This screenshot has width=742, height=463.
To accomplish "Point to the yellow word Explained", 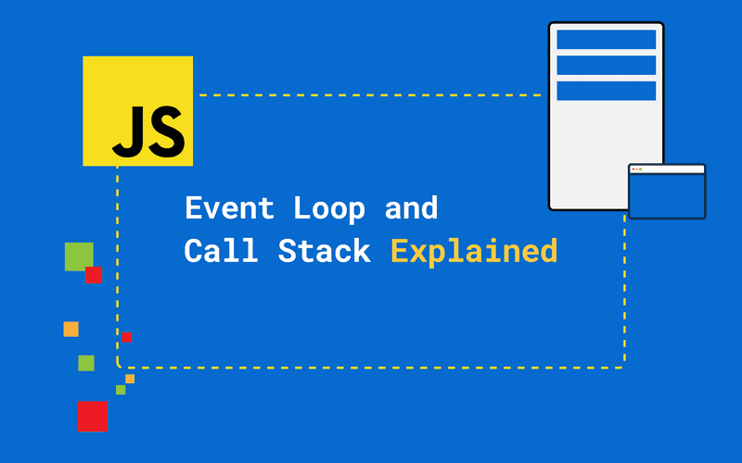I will click(x=473, y=252).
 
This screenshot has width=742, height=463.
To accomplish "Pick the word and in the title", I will click(x=411, y=208).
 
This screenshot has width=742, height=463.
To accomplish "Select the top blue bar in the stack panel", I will click(x=606, y=40).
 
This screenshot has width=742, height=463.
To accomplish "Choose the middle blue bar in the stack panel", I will click(x=606, y=65).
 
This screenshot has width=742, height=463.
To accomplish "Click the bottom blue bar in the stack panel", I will click(x=606, y=91).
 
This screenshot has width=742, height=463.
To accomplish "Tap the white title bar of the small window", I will click(x=667, y=169).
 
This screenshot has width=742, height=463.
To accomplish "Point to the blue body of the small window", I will click(x=667, y=195).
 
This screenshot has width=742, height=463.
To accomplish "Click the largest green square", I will click(x=79, y=257).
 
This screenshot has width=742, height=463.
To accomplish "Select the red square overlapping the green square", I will click(x=94, y=275).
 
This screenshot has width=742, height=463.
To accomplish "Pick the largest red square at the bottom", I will click(x=92, y=417).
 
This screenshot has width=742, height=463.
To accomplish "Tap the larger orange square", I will click(x=70, y=329).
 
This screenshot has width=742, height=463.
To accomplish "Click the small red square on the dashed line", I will click(x=126, y=337).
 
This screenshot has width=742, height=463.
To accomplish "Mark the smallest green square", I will click(x=121, y=390).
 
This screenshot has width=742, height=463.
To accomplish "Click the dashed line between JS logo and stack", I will click(x=371, y=94).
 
